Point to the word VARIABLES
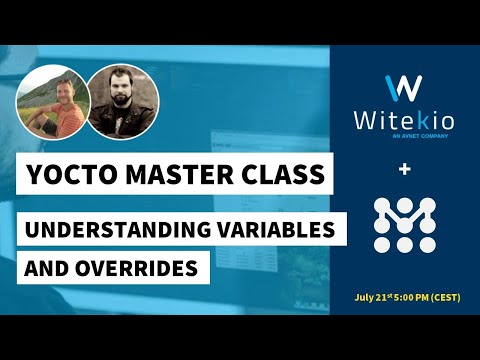(277, 228)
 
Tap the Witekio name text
(404, 121)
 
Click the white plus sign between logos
(404, 171)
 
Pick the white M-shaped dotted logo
(404, 223)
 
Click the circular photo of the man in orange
(49, 104)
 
